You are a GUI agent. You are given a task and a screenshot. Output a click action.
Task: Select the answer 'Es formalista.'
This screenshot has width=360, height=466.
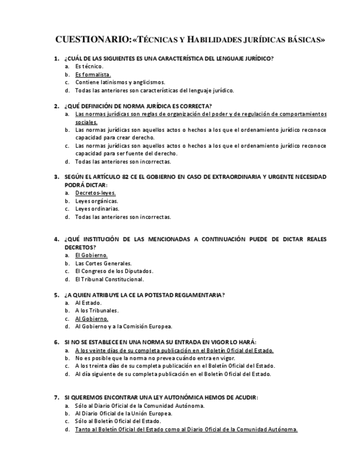click(93, 74)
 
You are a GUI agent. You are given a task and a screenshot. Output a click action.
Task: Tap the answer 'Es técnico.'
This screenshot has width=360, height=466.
click(89, 66)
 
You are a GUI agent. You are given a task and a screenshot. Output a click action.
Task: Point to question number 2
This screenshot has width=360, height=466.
click(57, 106)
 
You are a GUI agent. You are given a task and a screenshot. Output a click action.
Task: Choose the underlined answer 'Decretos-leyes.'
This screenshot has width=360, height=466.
click(96, 193)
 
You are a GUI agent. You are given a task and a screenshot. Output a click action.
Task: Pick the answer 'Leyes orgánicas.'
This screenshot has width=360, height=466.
click(96, 201)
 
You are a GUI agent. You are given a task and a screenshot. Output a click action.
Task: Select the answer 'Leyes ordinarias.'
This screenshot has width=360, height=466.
click(97, 209)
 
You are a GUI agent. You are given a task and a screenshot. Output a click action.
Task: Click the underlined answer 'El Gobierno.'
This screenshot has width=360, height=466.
click(91, 255)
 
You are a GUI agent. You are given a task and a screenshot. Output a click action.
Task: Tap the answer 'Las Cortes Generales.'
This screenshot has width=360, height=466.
click(103, 263)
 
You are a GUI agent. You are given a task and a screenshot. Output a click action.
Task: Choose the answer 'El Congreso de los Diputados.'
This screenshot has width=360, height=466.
click(114, 271)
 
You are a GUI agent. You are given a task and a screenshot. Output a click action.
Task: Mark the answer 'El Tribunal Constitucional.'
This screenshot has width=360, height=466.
click(109, 279)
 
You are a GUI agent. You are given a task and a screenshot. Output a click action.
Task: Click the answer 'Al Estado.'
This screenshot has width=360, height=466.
click(88, 303)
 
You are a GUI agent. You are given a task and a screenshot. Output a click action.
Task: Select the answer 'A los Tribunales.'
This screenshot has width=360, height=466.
click(97, 310)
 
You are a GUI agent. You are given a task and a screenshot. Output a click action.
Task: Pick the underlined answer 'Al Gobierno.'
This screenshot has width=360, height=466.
click(92, 319)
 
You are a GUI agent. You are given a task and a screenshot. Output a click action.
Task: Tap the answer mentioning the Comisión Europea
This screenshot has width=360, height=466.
click(124, 326)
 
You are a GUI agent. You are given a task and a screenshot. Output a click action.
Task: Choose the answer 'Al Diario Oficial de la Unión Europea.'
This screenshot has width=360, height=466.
click(124, 413)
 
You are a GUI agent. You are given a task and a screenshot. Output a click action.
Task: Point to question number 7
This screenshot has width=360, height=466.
click(57, 397)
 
